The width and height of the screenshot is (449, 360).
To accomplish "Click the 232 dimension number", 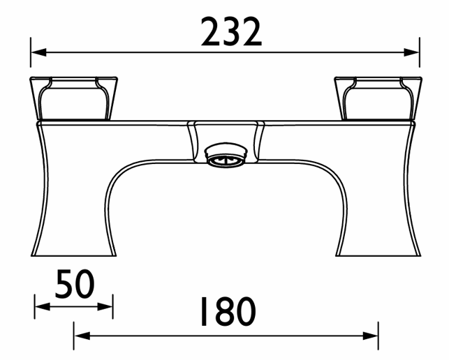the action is tap(231, 31).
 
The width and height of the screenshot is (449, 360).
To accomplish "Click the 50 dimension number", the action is tap(75, 284).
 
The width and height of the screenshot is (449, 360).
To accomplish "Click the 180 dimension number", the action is tap(228, 312).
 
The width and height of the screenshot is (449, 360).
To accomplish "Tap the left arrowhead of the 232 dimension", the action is tap(38, 52).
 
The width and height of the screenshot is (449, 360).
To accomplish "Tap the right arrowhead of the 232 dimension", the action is tap(411, 52).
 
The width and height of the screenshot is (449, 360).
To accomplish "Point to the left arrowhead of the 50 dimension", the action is tap(43, 307).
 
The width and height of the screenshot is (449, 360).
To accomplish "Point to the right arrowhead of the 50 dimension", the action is tap(105, 307).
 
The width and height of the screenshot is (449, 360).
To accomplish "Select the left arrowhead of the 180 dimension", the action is tap(82, 336).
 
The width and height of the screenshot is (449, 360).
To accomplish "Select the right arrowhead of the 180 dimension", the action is tap(371, 336).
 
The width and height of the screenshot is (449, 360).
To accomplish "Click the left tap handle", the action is tap(74, 98).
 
